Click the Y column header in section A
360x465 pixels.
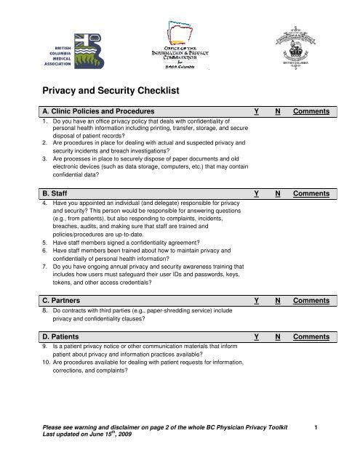click(256, 112)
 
